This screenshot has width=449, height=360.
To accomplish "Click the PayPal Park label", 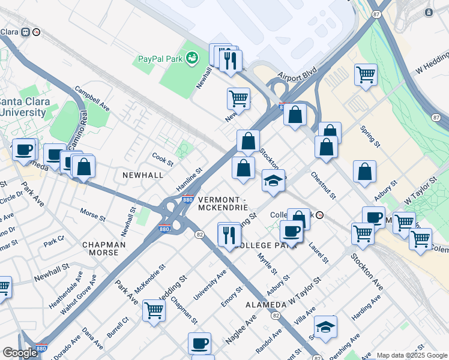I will [x=160, y=59].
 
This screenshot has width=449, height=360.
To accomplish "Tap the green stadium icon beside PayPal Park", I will [x=192, y=58].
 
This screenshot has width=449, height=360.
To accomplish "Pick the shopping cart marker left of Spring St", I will [x=366, y=75].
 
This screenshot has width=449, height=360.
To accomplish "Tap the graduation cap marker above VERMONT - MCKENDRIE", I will [x=273, y=180].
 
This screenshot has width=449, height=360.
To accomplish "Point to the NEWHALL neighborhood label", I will [x=142, y=175].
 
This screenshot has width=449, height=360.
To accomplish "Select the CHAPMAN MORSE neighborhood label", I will [x=104, y=249].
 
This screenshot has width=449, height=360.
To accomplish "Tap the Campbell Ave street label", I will [x=92, y=98].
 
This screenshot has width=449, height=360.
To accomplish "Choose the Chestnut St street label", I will [x=323, y=185].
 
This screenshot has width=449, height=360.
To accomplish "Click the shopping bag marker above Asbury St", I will [x=364, y=172].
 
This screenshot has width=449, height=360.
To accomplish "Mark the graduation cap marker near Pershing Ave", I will [x=325, y=327].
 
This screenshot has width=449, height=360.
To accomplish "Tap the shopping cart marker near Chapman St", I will [x=154, y=311].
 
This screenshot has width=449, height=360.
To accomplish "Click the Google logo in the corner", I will [x=20, y=353].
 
